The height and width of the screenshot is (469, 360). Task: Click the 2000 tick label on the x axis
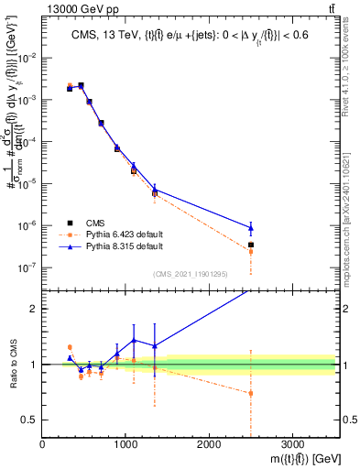(209, 445)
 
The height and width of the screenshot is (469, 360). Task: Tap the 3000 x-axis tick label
(292, 445)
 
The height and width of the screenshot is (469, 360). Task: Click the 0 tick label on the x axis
(42, 445)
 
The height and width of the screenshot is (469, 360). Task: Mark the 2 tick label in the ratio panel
(34, 309)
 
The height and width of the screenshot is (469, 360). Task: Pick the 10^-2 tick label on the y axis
(27, 57)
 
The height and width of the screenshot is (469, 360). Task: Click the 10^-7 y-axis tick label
(27, 267)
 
